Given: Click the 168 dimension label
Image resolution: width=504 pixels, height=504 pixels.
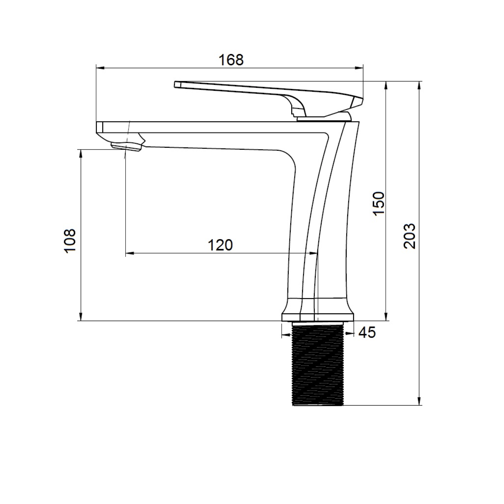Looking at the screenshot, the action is pyautogui.click(x=231, y=60).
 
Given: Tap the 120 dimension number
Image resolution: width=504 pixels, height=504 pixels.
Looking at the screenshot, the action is pyautogui.click(x=220, y=245).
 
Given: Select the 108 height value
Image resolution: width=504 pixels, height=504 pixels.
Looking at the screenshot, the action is pyautogui.click(x=70, y=241).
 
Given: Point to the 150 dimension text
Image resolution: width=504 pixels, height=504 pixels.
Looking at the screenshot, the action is pyautogui.click(x=379, y=204).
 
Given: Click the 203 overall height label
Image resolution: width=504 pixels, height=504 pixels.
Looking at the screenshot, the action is pyautogui.click(x=409, y=236).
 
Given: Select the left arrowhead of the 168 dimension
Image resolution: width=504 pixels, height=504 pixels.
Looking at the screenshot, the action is pyautogui.click(x=100, y=68).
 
